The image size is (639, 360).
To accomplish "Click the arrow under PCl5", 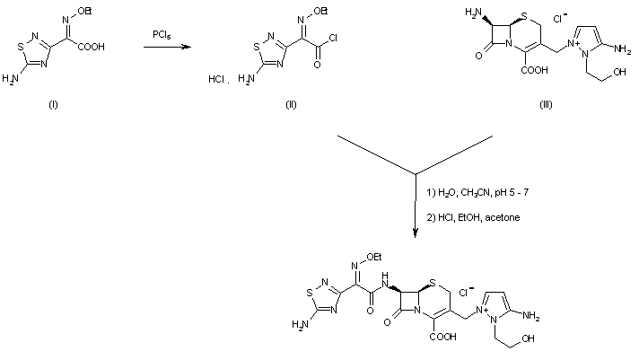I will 166,50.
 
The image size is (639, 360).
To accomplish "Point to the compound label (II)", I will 290,104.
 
